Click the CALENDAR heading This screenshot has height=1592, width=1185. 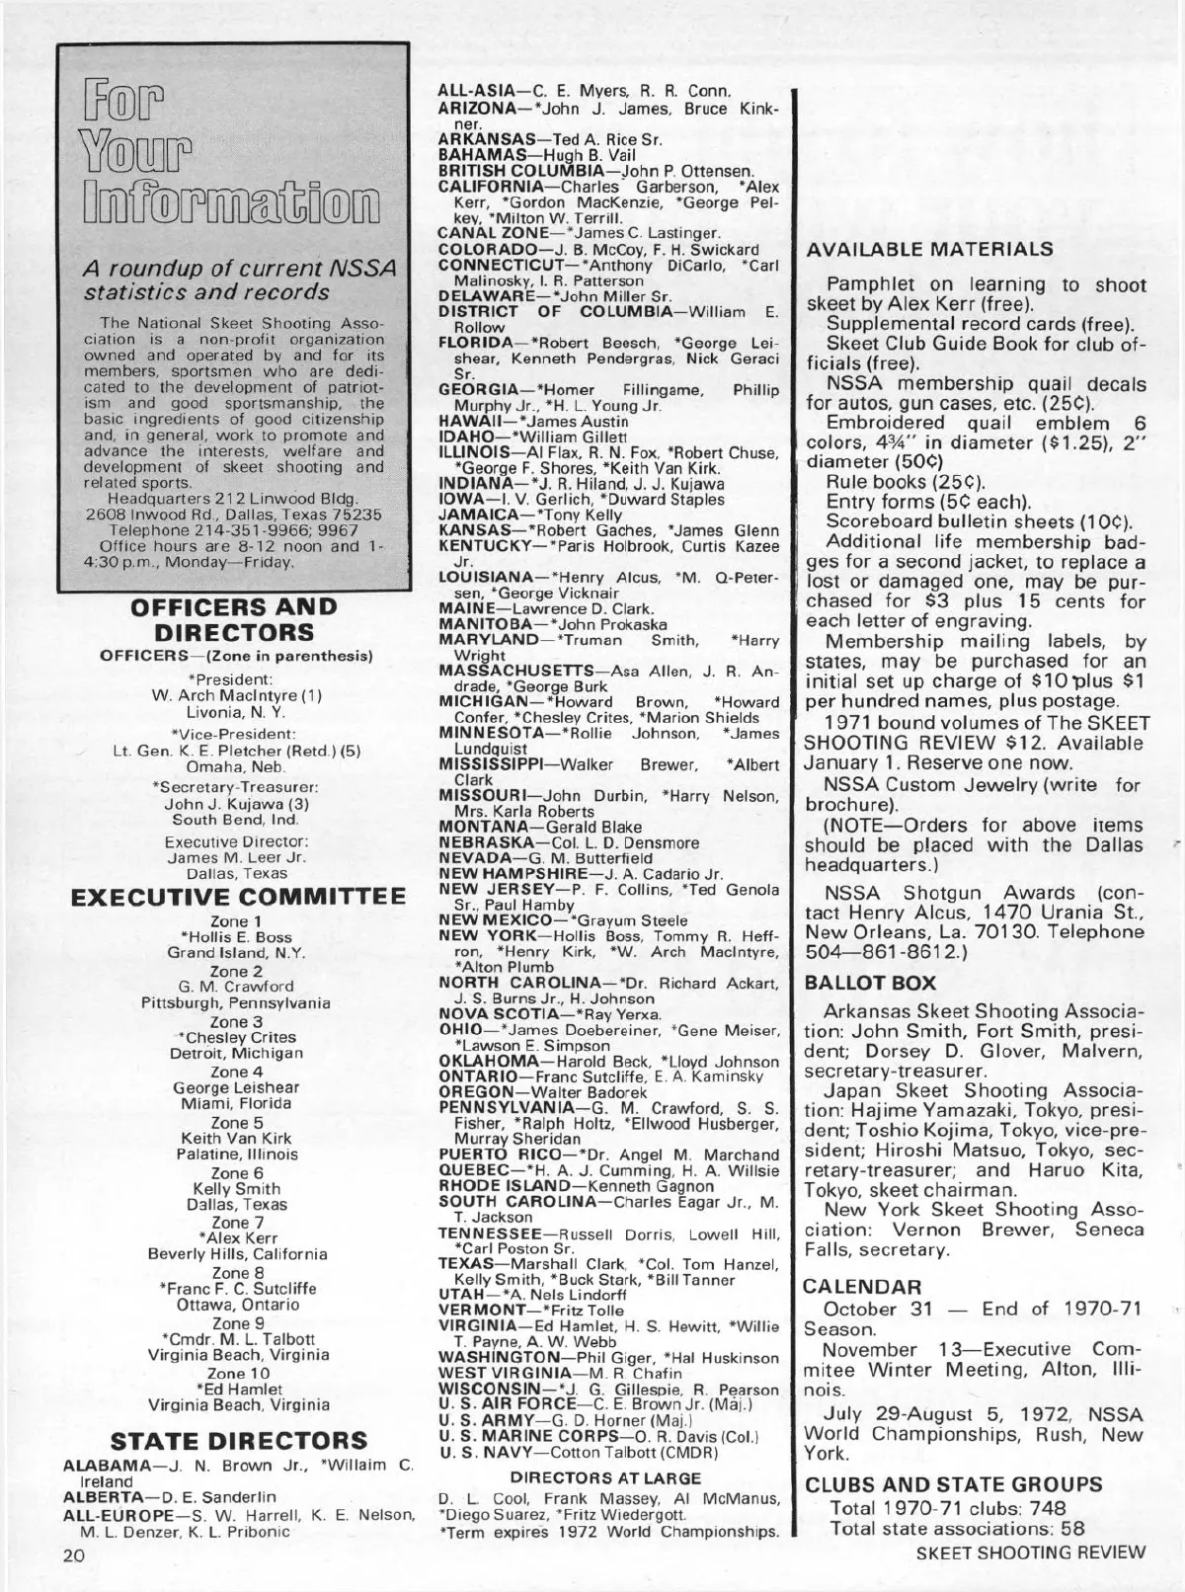coord(863,1287)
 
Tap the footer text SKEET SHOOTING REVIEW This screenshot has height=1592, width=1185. coord(1032,1552)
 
